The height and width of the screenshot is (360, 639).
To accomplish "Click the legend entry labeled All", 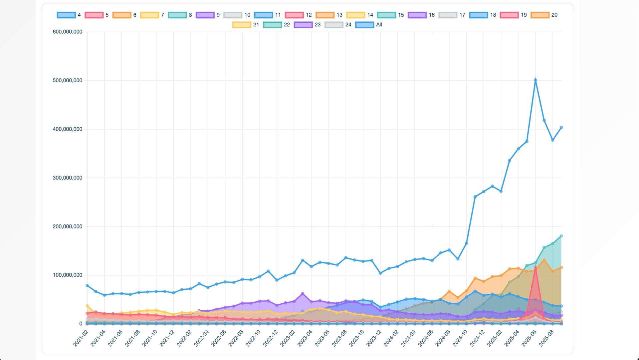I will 369,25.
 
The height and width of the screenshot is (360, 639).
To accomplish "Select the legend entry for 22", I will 277,25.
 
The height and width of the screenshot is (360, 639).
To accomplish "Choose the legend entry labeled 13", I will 329,15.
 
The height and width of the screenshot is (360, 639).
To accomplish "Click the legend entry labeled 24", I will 338,25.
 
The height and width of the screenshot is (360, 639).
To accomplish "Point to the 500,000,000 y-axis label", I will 67,81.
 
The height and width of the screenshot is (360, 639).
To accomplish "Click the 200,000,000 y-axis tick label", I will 67,226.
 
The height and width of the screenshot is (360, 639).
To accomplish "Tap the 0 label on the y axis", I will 81,324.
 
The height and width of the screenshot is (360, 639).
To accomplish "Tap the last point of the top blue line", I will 561,128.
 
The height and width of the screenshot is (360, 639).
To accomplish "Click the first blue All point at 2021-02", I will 87,285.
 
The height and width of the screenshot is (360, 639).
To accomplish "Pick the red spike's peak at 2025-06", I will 535,267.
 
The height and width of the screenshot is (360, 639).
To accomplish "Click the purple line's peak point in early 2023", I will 303,294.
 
